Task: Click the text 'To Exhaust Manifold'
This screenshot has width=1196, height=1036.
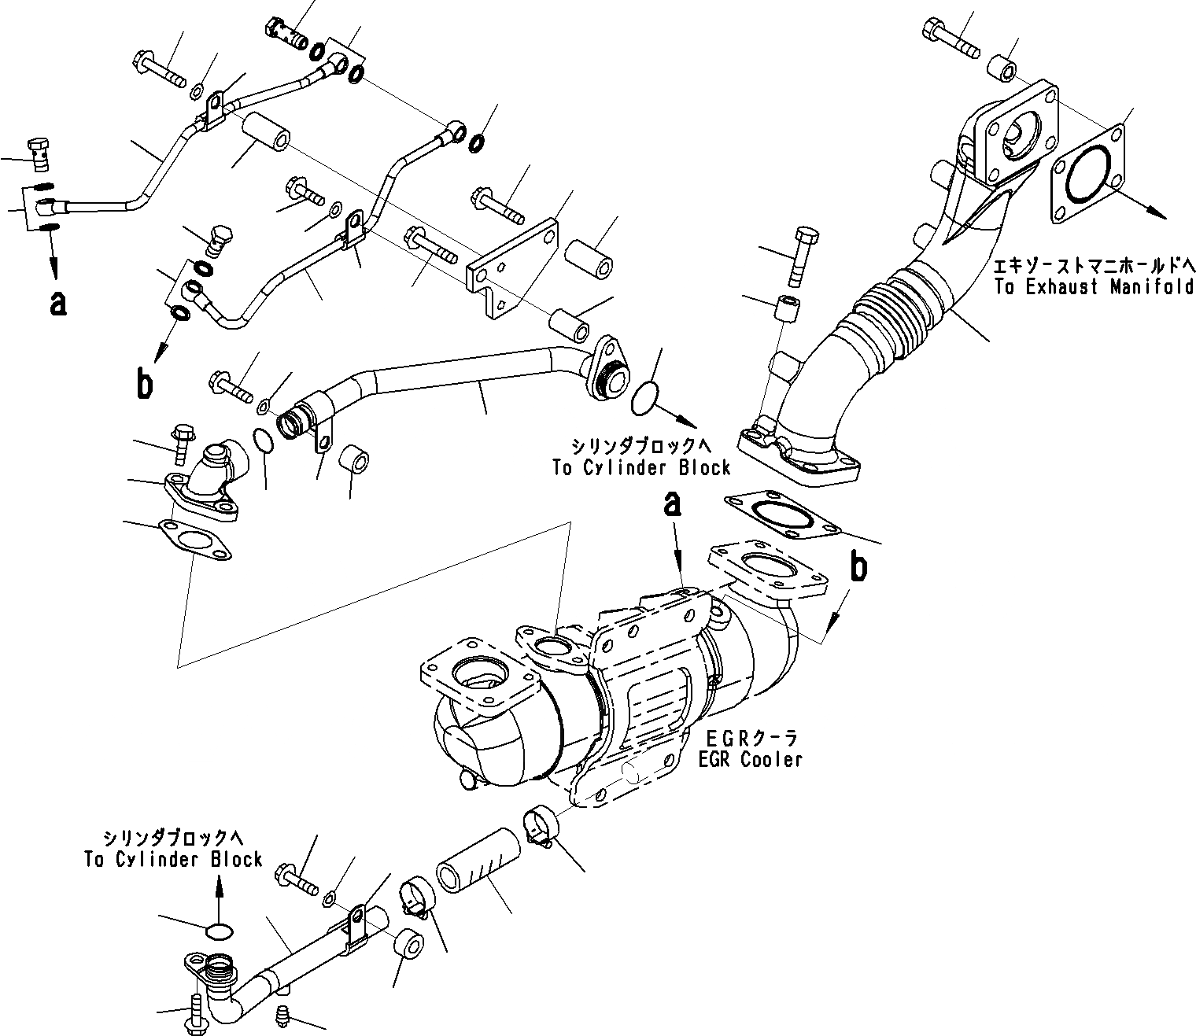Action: point(1094,287)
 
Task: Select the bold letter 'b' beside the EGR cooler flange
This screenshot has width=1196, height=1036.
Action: point(859,567)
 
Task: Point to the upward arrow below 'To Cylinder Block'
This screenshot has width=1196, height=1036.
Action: point(220,893)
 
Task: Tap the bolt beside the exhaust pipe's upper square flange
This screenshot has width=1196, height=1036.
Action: point(950,37)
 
